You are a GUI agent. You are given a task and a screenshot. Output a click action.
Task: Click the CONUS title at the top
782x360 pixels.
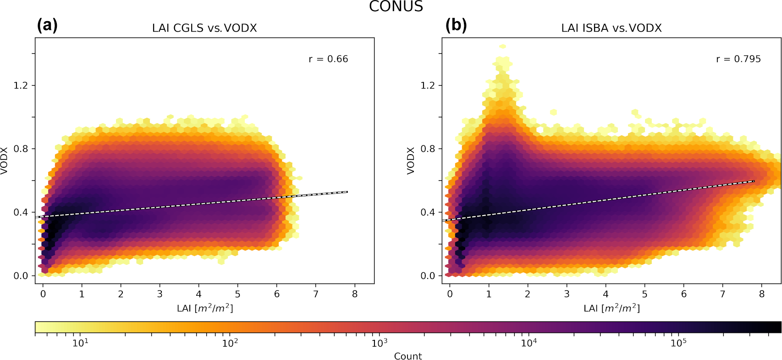click(x=396, y=6)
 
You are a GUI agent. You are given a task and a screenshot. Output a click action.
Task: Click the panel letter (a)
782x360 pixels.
click(x=47, y=25)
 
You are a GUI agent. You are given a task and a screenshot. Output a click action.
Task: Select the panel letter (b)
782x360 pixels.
click(x=456, y=25)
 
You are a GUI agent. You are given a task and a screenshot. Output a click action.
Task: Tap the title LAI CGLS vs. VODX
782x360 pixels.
click(x=204, y=28)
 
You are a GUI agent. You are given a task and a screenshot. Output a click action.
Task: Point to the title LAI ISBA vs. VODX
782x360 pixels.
click(x=611, y=28)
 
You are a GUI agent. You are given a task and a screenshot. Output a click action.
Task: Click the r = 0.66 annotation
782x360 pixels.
click(x=328, y=59)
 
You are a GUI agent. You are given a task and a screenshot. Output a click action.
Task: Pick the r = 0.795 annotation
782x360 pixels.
click(x=738, y=59)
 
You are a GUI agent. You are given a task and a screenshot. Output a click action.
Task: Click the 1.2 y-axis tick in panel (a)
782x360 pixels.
click(x=21, y=86)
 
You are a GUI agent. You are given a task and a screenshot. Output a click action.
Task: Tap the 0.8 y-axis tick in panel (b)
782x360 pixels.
click(x=428, y=149)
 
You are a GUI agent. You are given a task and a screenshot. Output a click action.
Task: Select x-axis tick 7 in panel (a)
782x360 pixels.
click(x=316, y=294)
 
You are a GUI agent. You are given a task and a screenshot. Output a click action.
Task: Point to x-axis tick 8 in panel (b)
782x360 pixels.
click(x=762, y=294)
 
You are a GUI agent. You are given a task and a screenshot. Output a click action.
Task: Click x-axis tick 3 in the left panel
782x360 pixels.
click(x=160, y=294)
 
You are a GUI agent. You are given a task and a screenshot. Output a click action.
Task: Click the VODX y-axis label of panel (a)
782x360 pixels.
click(x=5, y=161)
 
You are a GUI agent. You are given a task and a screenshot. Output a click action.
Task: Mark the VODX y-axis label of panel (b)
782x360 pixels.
click(x=411, y=161)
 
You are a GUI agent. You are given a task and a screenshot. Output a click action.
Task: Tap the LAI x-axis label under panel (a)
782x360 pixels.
click(x=205, y=308)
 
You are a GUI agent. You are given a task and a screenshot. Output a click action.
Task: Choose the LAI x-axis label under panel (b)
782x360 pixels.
click(x=611, y=308)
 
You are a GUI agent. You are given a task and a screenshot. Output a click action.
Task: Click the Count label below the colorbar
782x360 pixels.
click(x=408, y=356)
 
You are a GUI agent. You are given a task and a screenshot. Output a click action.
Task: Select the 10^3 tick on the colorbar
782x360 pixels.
click(x=379, y=343)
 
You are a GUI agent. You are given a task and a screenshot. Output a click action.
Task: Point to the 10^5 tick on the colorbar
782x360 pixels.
click(x=678, y=343)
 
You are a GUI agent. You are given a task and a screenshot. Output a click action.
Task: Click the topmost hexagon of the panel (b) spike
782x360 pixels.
click(x=503, y=46)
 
